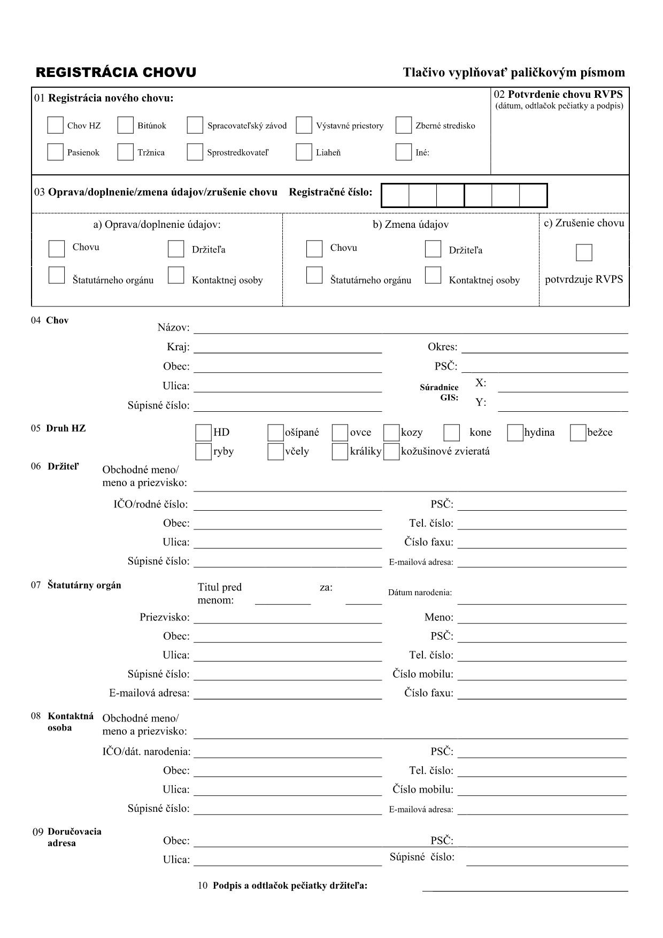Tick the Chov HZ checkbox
(56, 125)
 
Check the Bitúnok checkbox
(125, 125)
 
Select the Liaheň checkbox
(304, 152)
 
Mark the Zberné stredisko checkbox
(404, 125)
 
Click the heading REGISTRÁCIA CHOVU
(116, 73)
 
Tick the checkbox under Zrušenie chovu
(584, 252)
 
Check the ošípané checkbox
(275, 433)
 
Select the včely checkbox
(275, 451)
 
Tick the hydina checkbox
(515, 433)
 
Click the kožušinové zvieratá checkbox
(392, 451)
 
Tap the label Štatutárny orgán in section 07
(84, 585)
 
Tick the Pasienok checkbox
(56, 152)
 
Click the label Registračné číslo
(330, 192)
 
